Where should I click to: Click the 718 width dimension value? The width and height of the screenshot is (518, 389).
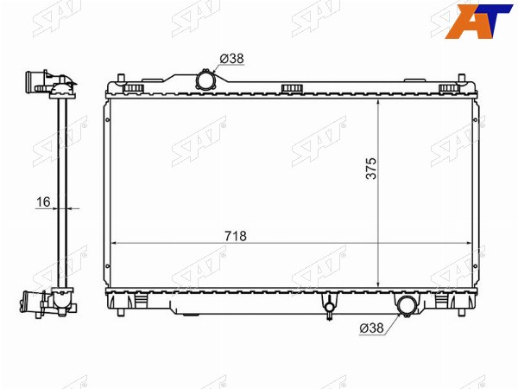point(236,236)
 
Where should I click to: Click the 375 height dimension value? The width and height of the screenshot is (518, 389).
point(371,169)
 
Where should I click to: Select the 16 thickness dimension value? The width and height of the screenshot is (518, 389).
point(43,201)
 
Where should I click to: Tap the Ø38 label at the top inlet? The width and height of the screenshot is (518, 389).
point(231,59)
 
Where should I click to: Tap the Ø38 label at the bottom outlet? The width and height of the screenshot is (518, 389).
point(371,328)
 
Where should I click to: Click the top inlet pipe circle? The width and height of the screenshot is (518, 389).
point(205,80)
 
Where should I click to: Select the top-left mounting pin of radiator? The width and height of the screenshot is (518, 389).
point(121,79)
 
